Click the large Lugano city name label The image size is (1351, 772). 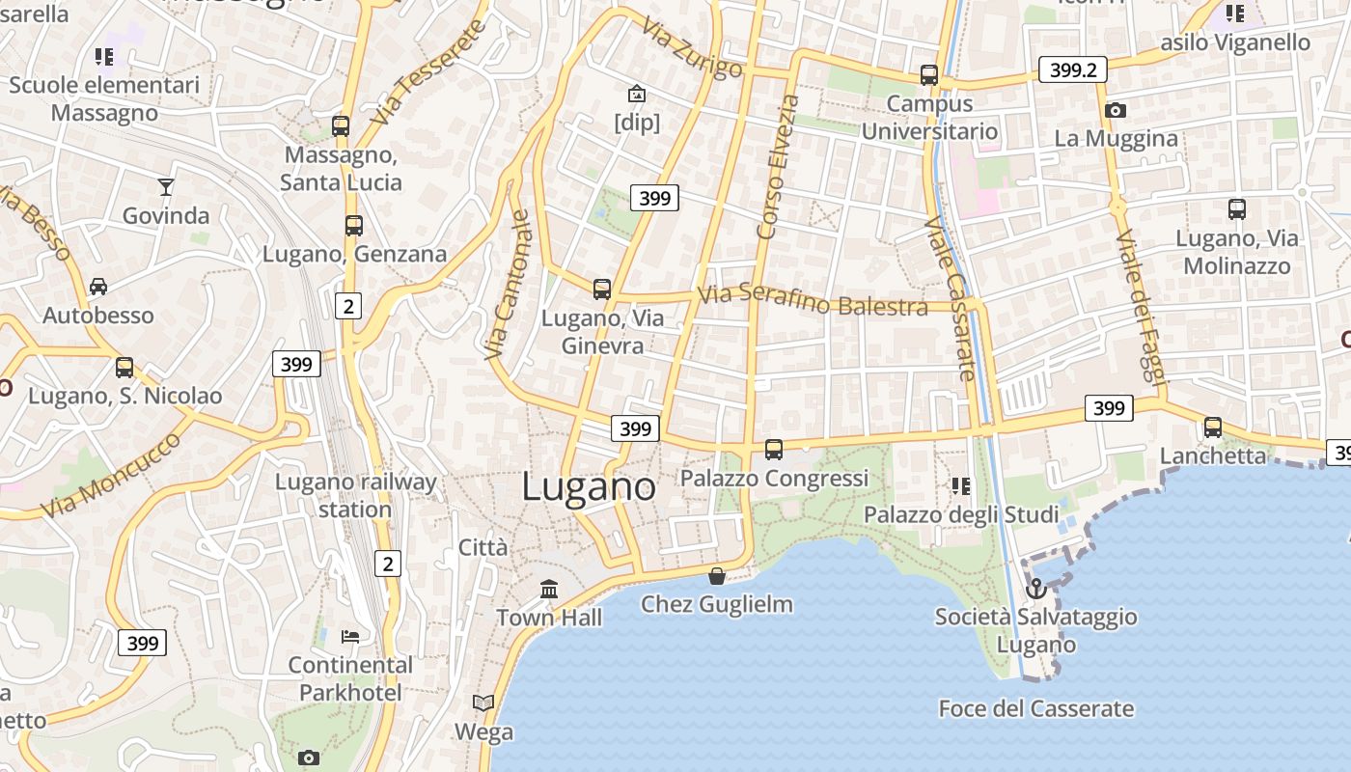click(589, 486)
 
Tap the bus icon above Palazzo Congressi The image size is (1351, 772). click(774, 449)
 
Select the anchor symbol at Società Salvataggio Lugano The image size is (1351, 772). click(1036, 588)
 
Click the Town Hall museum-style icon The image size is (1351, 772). click(549, 589)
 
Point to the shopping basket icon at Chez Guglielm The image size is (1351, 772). click(717, 576)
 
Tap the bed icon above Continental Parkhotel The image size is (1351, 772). click(351, 636)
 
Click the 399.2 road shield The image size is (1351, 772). click(1072, 69)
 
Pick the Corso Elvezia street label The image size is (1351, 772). click(779, 166)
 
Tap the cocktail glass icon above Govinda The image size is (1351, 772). click(166, 186)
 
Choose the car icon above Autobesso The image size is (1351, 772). click(98, 287)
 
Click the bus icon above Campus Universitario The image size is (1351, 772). click(929, 74)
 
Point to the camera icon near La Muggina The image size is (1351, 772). click(1116, 111)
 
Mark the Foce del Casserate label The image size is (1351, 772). click(1035, 709)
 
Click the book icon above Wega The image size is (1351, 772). click(483, 703)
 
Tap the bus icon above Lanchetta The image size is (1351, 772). click(1213, 427)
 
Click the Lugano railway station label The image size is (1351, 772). click(355, 495)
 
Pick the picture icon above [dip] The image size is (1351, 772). click(637, 94)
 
